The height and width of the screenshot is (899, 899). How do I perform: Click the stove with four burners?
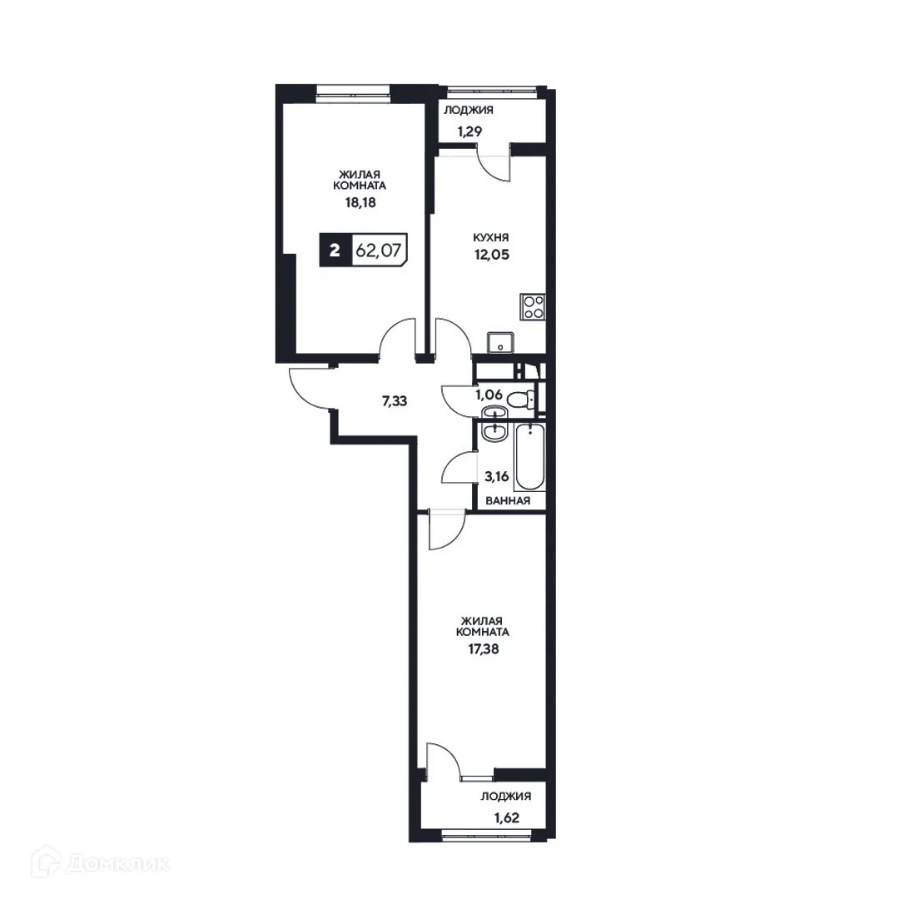[x=533, y=306]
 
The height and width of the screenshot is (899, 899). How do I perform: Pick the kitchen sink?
[x=500, y=341]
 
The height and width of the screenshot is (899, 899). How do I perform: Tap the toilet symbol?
[x=521, y=399]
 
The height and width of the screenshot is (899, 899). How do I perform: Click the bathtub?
[x=529, y=457]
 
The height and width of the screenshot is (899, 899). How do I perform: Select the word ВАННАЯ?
[x=508, y=500]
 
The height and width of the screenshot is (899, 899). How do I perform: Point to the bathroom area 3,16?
[x=498, y=478]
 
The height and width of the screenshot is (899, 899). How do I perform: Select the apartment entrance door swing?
[x=310, y=388]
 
